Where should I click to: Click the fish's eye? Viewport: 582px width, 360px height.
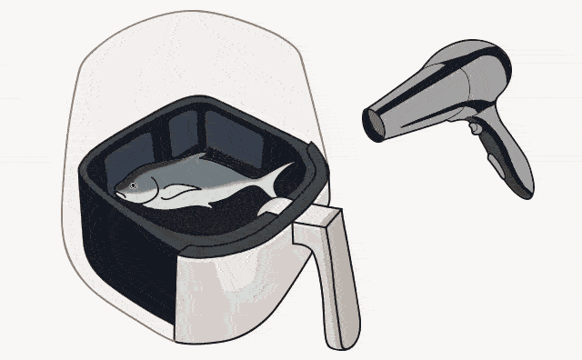(133, 185)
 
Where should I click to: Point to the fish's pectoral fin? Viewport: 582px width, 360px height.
(182, 192)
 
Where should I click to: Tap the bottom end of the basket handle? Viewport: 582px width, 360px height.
(344, 340)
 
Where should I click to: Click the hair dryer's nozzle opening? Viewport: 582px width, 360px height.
(372, 122)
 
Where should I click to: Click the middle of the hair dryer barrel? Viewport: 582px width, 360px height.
(423, 95)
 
